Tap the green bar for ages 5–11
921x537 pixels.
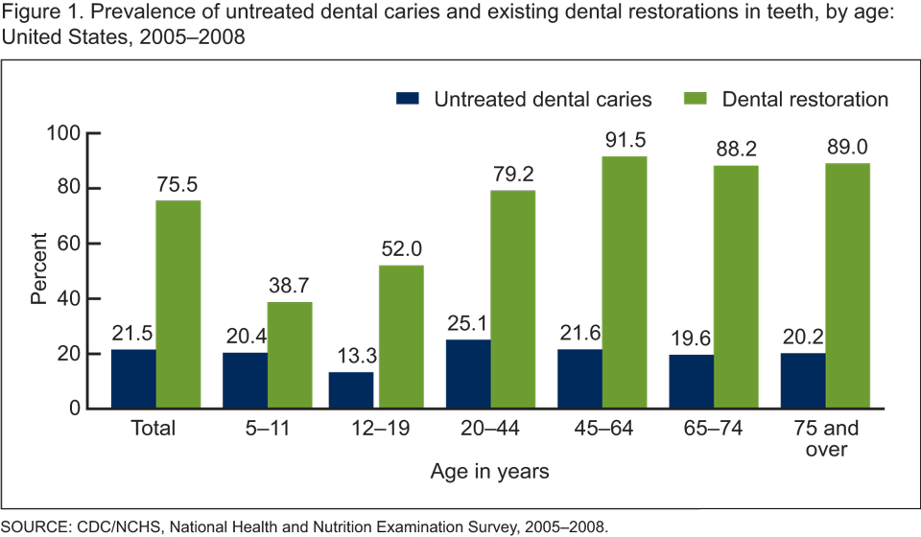coord(290,356)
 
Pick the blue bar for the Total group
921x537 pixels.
coord(133,379)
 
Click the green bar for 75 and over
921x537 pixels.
coord(847,286)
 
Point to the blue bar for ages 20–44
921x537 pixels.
coord(468,374)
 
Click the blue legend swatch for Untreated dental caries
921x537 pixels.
coord(409,99)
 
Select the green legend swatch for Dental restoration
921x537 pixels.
coord(696,99)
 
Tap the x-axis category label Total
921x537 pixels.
coord(154,428)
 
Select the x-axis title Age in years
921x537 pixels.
coord(488,472)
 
